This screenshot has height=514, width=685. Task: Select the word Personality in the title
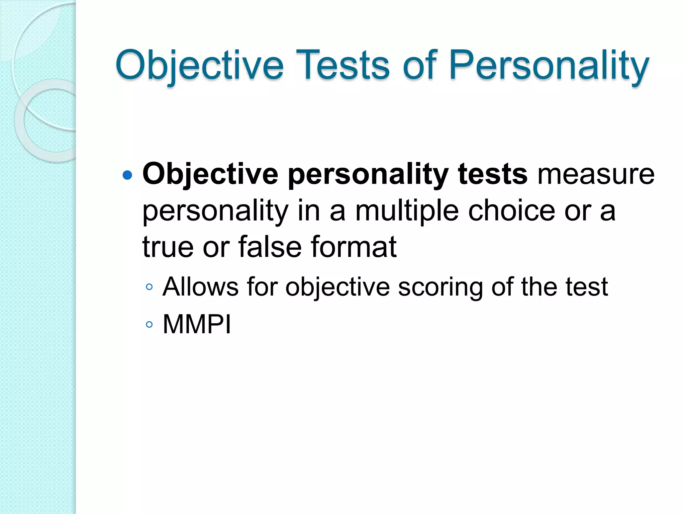[x=549, y=65]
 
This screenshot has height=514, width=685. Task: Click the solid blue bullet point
[x=127, y=175]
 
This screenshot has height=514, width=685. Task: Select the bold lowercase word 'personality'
[x=368, y=175]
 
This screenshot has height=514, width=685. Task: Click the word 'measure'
[x=596, y=174]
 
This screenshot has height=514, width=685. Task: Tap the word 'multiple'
[x=407, y=211]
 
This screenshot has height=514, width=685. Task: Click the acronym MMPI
[x=197, y=324]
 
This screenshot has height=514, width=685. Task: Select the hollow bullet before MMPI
[x=150, y=324]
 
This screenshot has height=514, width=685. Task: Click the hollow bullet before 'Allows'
[x=150, y=287]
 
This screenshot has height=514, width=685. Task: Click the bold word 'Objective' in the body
[x=210, y=175]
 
